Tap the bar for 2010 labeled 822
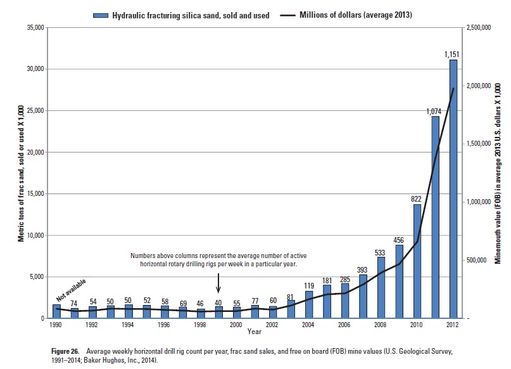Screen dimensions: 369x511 point(417,261)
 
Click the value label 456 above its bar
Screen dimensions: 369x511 point(399,240)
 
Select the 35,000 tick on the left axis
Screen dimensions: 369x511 point(37,28)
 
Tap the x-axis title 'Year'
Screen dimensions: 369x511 point(255,332)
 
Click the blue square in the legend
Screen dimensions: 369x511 point(99,15)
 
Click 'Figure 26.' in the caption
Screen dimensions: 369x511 point(66,351)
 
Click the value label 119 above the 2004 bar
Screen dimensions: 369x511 point(308,286)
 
